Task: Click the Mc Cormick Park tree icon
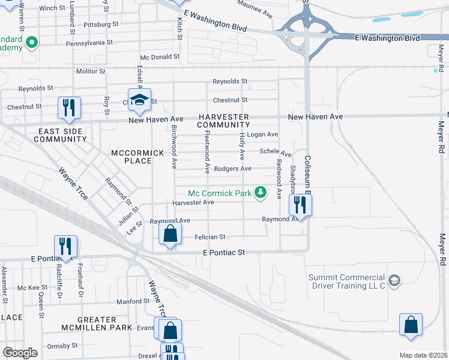click(261, 192)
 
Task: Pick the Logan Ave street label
click(263, 134)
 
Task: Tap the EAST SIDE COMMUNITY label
click(60, 135)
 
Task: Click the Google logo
click(20, 353)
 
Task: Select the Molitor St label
click(91, 71)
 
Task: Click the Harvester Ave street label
click(193, 203)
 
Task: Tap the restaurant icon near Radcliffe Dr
click(65, 246)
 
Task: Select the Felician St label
click(209, 237)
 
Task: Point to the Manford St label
click(132, 301)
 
